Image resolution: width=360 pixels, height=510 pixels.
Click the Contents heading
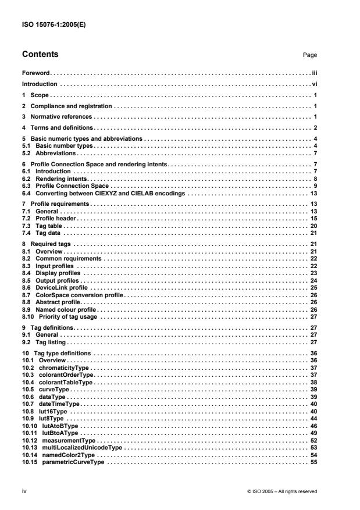pos(40,55)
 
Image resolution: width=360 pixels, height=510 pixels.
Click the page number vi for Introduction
pos(313,84)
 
